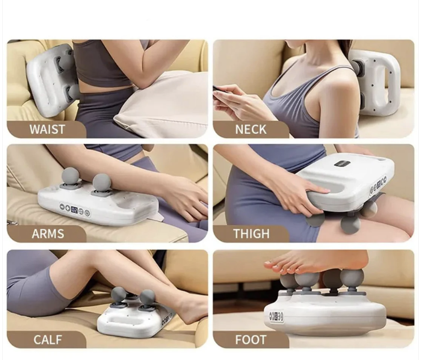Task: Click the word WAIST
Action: (x=47, y=129)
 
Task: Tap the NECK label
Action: (x=251, y=129)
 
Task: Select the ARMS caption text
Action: (x=48, y=234)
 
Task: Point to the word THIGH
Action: (x=251, y=234)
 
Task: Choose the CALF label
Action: (x=48, y=340)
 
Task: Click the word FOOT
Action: (x=251, y=340)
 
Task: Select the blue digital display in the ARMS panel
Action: (x=74, y=208)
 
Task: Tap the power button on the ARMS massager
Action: (x=87, y=213)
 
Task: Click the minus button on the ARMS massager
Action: (x=62, y=207)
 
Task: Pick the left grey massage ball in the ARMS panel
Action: (x=71, y=175)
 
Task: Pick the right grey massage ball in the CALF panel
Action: (x=147, y=298)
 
